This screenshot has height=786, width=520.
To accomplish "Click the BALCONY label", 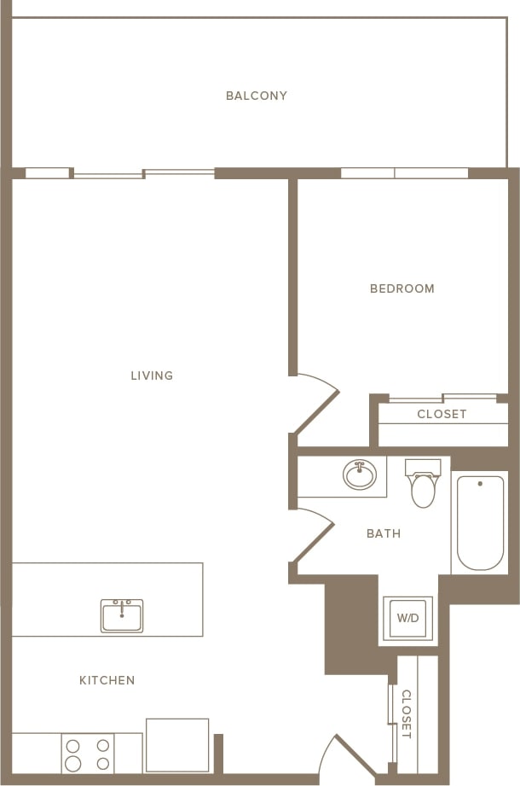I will (257, 96).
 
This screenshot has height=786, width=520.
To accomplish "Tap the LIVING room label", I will (152, 376).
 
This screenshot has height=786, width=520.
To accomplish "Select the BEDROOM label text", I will (402, 288).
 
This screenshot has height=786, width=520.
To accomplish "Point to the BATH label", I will (384, 533).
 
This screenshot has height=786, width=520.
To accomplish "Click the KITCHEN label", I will (107, 680).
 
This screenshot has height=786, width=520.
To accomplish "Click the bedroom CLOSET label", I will (442, 414).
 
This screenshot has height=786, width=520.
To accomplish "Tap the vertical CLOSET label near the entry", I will (407, 713).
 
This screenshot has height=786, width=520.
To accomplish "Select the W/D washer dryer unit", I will (407, 618).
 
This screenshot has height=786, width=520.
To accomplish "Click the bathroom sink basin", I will (360, 475).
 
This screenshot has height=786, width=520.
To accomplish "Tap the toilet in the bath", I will (423, 484).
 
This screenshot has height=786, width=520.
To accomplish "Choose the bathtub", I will (480, 522).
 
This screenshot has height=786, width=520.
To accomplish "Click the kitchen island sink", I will (122, 615).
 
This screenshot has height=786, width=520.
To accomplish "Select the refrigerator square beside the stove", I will (177, 746).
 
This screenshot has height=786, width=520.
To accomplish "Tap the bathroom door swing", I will (314, 535).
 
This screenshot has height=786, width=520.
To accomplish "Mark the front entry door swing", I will (347, 758).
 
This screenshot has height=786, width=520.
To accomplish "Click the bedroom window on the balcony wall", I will (404, 173).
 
